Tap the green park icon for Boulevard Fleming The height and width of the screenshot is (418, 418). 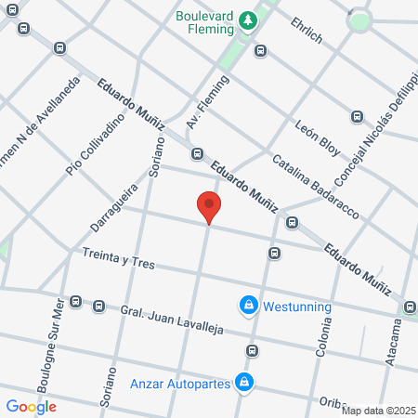(x=247, y=19)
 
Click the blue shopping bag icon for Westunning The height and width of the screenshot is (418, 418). (x=248, y=305)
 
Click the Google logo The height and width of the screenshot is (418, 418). (x=32, y=406)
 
